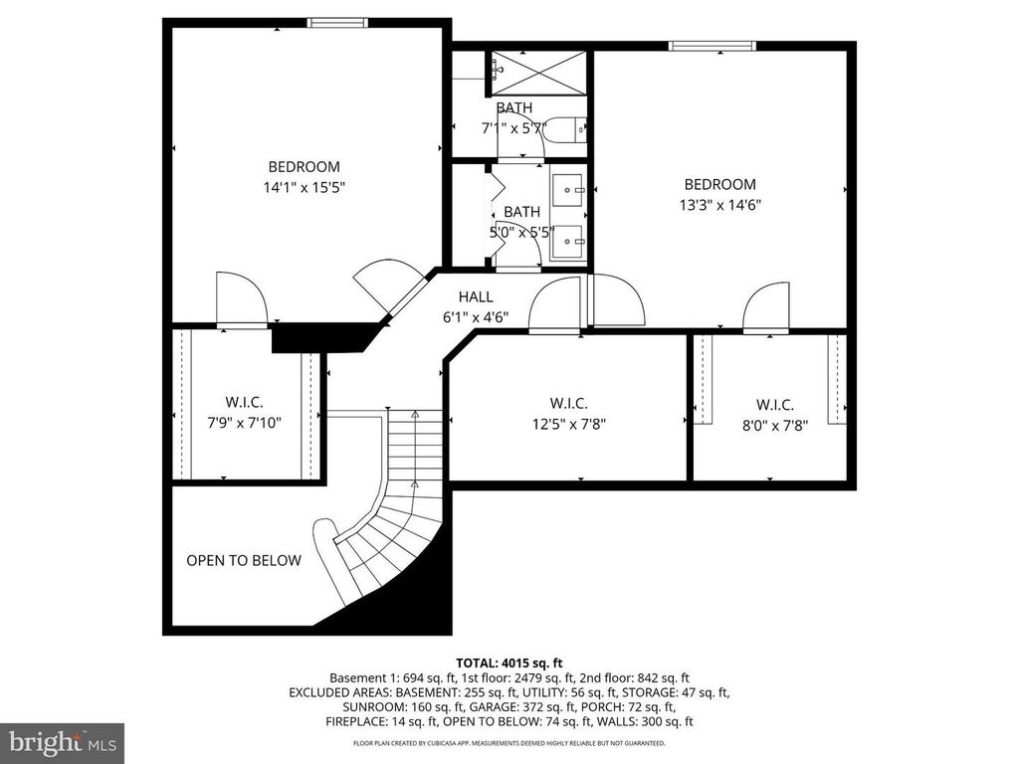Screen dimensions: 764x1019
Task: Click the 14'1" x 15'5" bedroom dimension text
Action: coord(304,186)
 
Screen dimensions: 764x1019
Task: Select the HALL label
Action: coord(476,296)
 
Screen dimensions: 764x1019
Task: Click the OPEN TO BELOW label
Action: coord(244,560)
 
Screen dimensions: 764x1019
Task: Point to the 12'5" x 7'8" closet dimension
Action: coord(568,423)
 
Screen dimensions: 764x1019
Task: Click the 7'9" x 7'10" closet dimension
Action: coord(244,422)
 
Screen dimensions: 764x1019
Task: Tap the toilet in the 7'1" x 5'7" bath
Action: coord(566,131)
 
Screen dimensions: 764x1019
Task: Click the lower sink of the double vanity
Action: coord(569,240)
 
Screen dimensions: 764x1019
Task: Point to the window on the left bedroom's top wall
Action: coord(337,23)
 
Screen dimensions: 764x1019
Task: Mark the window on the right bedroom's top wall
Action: coord(712,45)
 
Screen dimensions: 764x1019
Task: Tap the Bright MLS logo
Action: coord(62,743)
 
